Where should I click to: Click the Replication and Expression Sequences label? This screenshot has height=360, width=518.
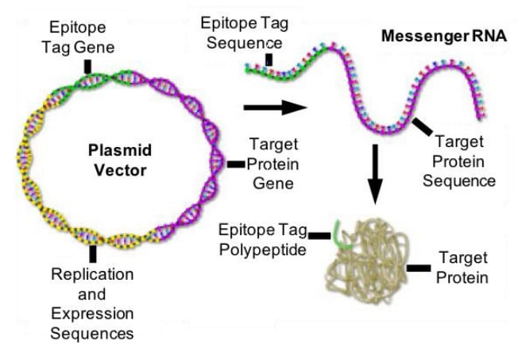(91, 303)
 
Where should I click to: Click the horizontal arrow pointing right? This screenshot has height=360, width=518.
(275, 105)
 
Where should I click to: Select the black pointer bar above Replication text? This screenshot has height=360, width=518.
(93, 254)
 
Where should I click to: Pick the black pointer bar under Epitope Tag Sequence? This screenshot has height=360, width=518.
(269, 58)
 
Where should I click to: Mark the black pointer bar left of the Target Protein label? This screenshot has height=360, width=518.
(418, 269)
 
